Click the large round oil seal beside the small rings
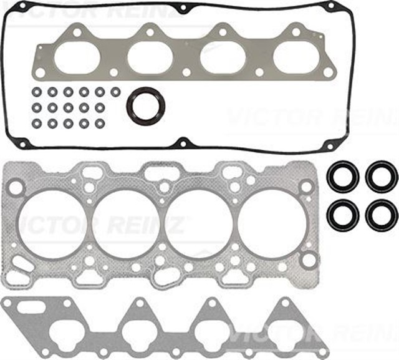(x=146, y=105)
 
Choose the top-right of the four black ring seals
(x=381, y=177)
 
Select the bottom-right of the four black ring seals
(x=381, y=215)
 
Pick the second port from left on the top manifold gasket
(x=150, y=57)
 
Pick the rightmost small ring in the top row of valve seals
(x=115, y=92)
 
